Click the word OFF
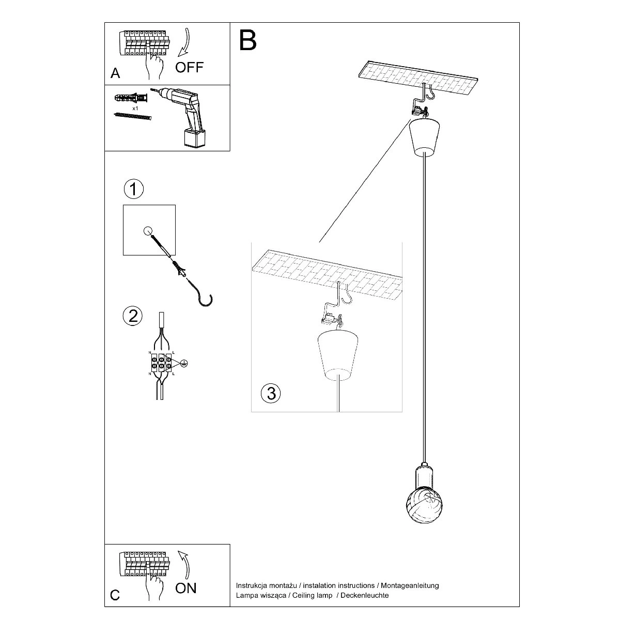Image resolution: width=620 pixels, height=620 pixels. [x=190, y=67]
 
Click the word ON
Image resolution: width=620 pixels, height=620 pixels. [x=186, y=588]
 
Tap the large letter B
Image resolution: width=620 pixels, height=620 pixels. [x=248, y=40]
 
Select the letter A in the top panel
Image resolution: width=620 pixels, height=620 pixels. [x=115, y=73]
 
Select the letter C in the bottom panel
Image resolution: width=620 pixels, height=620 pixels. [x=115, y=596]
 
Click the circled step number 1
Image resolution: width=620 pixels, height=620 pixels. [x=133, y=189]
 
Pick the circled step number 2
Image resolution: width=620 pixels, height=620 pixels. [x=133, y=315]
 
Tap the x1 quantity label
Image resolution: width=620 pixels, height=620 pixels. [x=135, y=109]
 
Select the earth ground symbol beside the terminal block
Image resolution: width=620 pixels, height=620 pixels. [x=183, y=364]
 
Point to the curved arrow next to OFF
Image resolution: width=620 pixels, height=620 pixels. [x=183, y=44]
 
